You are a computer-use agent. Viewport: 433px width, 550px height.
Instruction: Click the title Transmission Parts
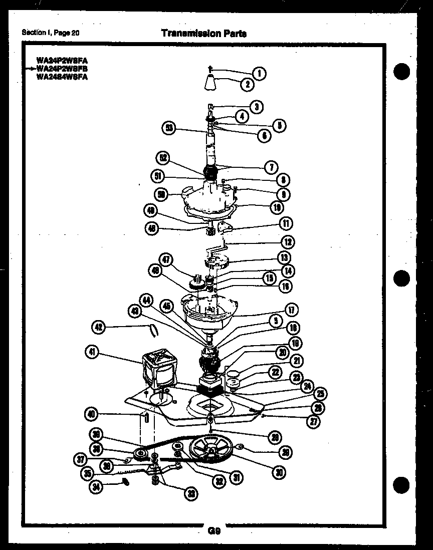[x=203, y=33]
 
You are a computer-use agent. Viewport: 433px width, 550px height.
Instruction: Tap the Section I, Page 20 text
[x=51, y=33]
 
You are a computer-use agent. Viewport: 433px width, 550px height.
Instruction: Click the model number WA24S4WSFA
[x=62, y=77]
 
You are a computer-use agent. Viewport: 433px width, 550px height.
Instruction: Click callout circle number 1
[x=259, y=73]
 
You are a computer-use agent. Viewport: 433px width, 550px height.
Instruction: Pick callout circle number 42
[x=100, y=327]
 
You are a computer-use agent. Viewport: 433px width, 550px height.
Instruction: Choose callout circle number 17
[x=291, y=310]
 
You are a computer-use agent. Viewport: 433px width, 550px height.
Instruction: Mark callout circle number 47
[x=166, y=260]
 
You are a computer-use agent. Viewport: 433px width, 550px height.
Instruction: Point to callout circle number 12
[x=287, y=242]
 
